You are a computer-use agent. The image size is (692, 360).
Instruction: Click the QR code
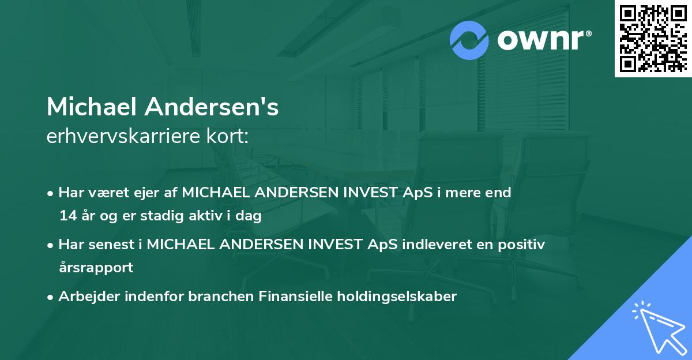point(653,38)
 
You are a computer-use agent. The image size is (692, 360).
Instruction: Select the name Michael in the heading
point(91,107)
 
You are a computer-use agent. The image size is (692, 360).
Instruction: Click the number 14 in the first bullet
point(67,216)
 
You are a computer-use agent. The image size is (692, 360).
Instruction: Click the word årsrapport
point(96,268)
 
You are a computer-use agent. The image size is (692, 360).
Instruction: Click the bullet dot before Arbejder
point(51,297)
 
